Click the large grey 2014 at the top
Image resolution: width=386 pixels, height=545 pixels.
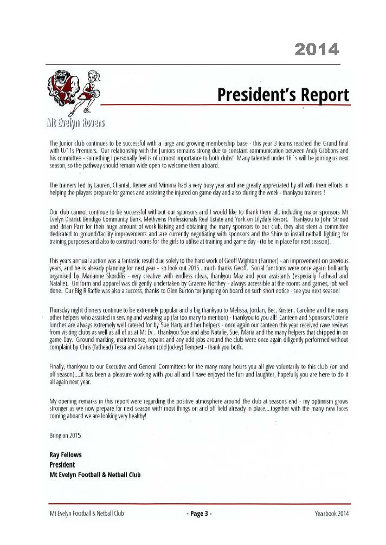pos(317,50)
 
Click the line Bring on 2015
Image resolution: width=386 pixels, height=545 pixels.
pos(65,435)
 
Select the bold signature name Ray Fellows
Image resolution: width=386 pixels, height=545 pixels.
pos(66,455)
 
